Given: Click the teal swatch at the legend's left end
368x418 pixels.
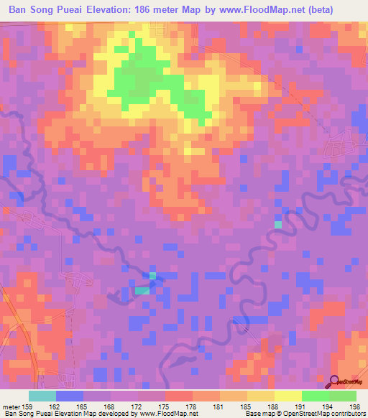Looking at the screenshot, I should [x=42, y=396].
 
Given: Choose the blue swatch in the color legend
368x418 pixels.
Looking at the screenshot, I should [x=69, y=396].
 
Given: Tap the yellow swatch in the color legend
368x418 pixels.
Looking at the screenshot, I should [x=288, y=396].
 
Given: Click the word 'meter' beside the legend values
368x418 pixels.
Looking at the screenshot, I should [x=10, y=406].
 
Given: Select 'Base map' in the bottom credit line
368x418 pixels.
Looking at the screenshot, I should [x=258, y=414].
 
